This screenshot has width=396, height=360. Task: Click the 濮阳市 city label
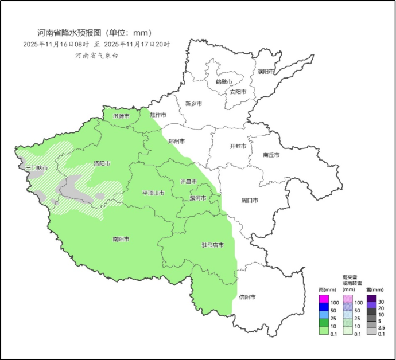266,72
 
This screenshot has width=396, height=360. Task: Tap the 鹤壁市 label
223,81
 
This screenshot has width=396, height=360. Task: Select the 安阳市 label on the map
238,92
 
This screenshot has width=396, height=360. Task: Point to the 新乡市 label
193,104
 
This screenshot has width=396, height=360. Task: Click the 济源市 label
121,116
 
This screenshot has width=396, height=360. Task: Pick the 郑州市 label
176,141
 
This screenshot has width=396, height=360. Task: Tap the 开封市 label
238,146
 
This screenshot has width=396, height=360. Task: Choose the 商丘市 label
271,155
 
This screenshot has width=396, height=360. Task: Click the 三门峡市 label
37,168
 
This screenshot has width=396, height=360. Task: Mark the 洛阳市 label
102,163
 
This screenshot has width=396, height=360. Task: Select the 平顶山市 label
153,193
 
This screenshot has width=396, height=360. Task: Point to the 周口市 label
250,200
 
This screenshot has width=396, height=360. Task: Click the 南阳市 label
121,239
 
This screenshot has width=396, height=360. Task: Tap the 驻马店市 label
212,245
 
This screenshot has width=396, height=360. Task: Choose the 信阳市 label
247,296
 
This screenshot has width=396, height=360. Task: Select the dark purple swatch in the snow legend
371,299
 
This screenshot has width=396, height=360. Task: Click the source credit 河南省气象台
96,56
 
